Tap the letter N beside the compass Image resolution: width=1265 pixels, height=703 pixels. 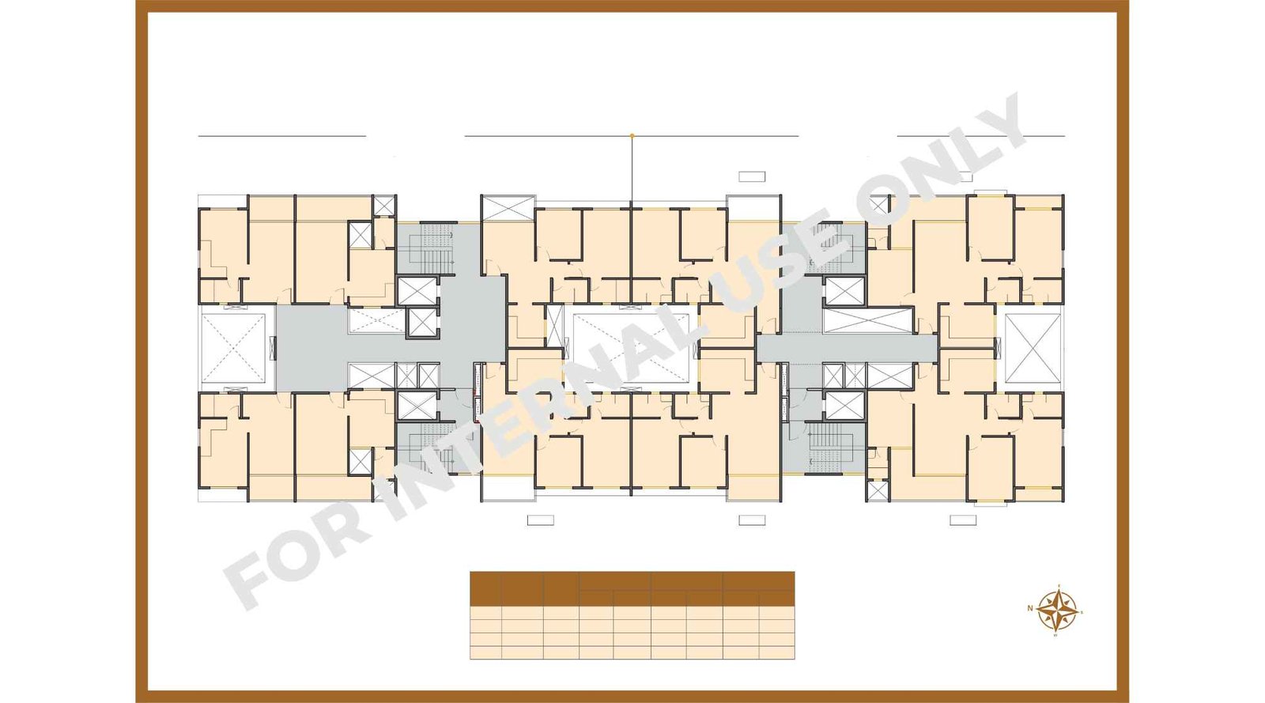pos(1030,608)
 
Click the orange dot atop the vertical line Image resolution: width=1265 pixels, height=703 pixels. pos(632,136)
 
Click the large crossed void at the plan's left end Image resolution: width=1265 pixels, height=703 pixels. pos(233,348)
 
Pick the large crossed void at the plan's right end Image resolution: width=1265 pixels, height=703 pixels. pos(1033,348)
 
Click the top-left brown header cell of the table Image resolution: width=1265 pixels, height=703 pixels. pos(485,589)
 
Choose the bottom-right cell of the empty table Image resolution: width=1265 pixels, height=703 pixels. pos(776,652)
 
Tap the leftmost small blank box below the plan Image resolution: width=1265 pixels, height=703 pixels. pos(540,520)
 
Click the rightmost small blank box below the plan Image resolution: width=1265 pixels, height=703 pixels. pos(962,520)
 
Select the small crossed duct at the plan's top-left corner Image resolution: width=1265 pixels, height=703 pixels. pos(384,206)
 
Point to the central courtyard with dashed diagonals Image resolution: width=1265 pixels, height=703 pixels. pos(632,348)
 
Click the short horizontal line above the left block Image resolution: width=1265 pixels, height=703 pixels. pos(281,136)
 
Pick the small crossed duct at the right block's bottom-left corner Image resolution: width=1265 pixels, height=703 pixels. pos(877,490)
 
